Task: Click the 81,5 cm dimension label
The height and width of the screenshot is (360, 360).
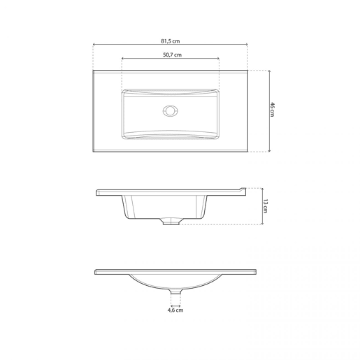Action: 171,41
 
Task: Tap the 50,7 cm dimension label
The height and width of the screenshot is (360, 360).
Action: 172,55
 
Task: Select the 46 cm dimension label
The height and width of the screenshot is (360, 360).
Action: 273,110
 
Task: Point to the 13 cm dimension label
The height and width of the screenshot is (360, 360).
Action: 266,206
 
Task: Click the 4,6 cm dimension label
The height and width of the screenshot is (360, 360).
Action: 175,310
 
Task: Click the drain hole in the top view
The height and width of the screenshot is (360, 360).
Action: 171,110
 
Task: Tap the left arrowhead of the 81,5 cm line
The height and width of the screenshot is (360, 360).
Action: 94,44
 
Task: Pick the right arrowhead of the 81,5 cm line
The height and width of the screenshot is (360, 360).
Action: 247,44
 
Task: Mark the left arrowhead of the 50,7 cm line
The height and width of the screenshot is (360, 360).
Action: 123,58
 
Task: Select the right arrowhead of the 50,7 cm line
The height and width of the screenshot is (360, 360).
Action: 218,58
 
